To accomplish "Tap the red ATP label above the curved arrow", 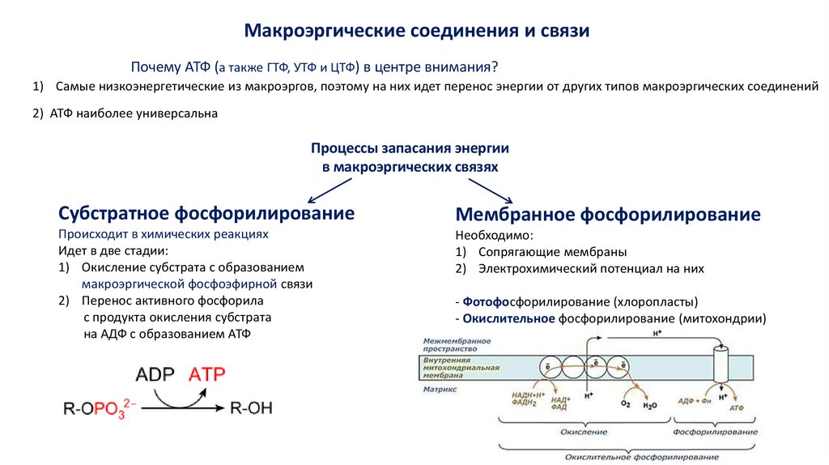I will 207,374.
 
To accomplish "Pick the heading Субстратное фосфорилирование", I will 206,213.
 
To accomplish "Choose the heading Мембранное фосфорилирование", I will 608,215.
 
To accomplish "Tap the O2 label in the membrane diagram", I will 625,403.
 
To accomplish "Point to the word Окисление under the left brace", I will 578,432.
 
